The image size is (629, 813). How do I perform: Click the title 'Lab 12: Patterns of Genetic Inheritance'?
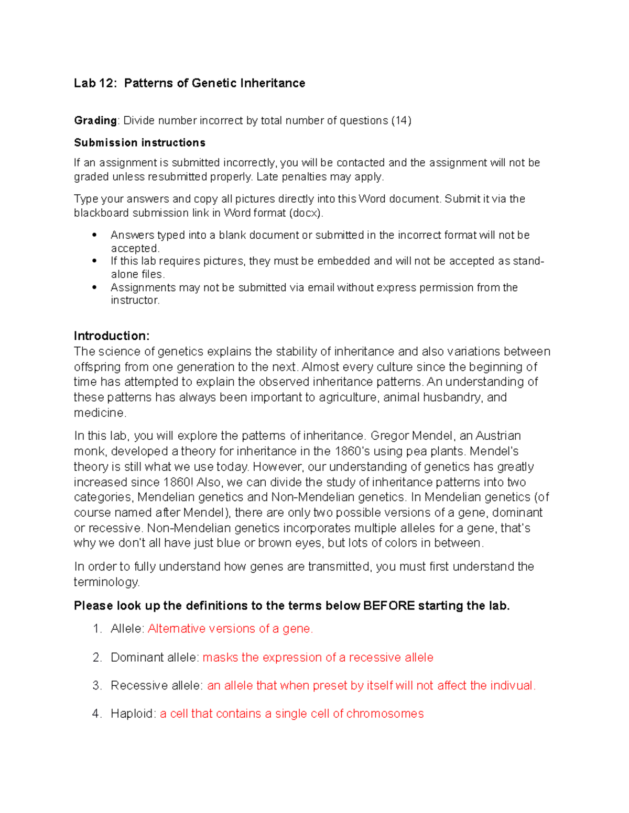coord(189,83)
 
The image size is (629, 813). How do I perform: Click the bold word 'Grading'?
coord(95,121)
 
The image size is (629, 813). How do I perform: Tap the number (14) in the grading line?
coord(402,121)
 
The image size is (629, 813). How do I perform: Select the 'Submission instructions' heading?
coord(139,143)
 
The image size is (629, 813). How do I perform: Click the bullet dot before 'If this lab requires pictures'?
coord(94,261)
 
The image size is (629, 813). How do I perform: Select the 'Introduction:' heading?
coord(112,336)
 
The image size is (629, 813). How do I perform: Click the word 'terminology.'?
coord(107,582)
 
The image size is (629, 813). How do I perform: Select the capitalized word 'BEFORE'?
coord(389,606)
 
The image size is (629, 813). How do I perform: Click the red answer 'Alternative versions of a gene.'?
coord(230,629)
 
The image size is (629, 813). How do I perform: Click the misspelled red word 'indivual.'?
coord(513,686)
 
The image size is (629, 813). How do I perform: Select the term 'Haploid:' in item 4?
coord(133,714)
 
